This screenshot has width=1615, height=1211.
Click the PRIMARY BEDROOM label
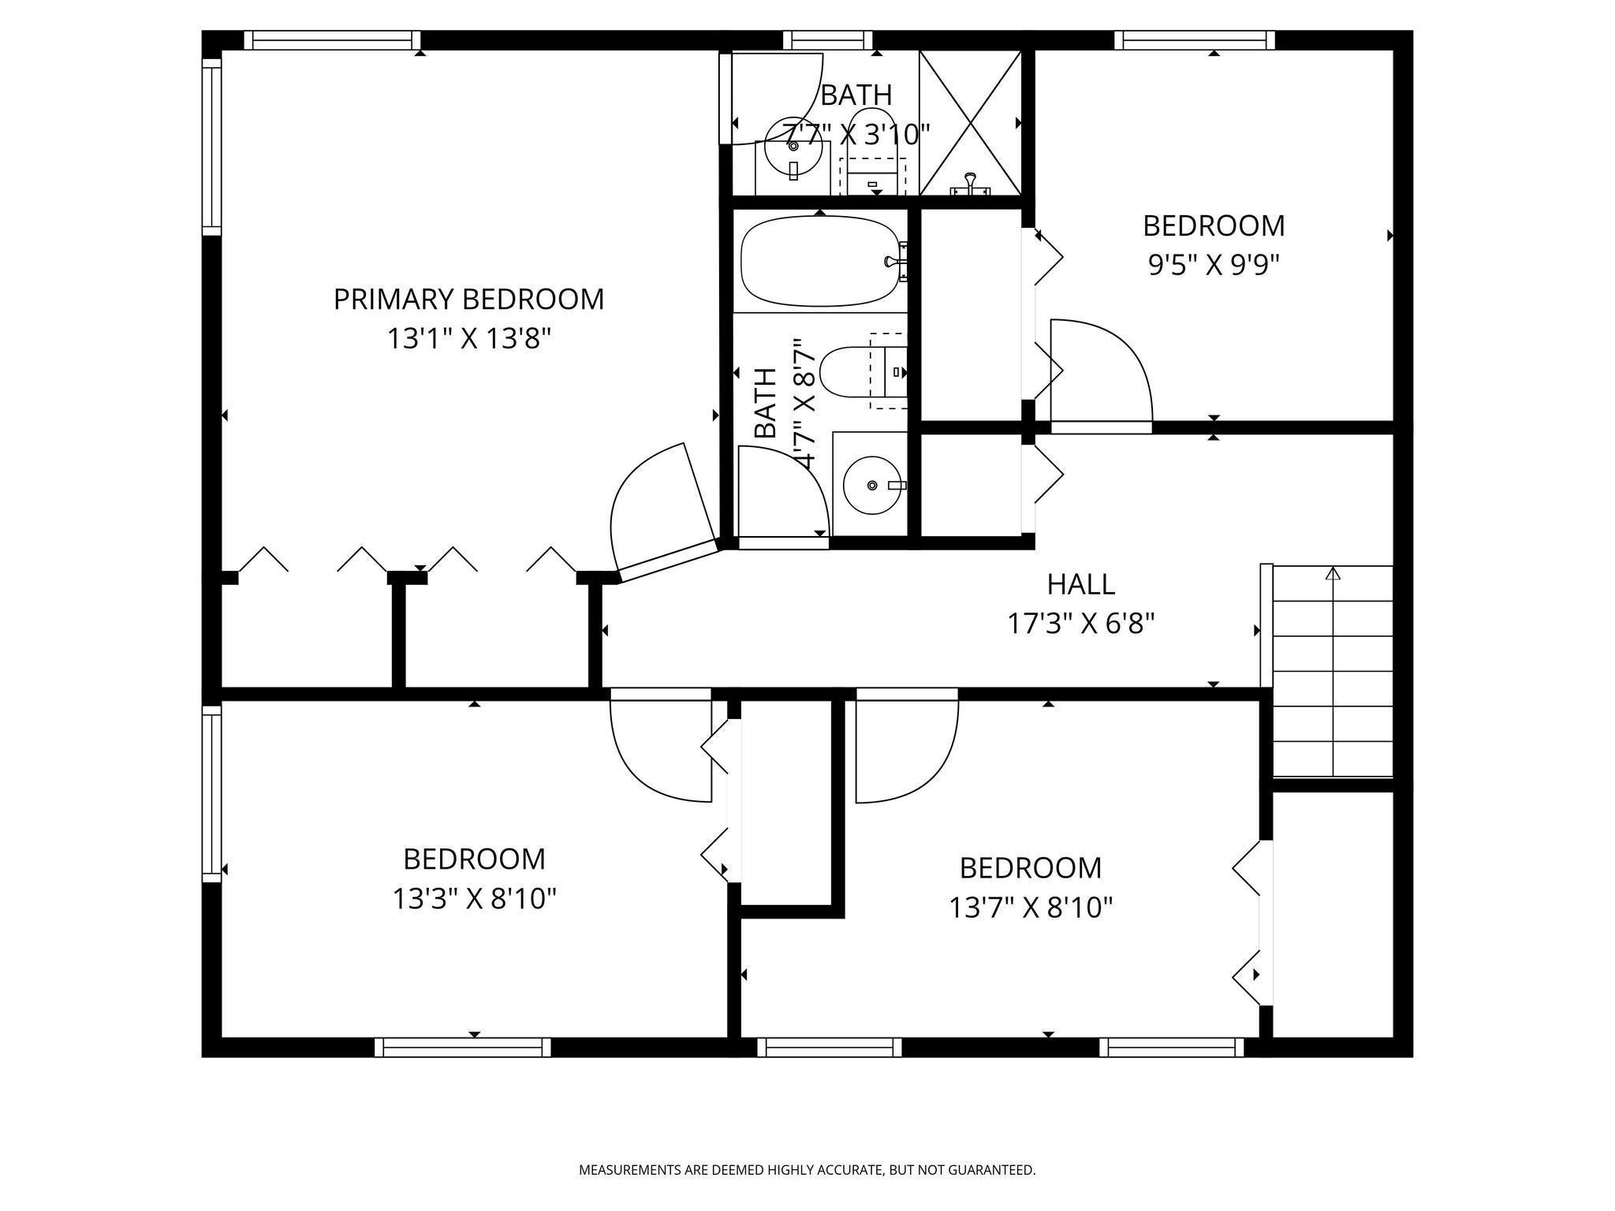pyautogui.click(x=468, y=300)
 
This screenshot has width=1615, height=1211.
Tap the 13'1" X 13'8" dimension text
pyautogui.click(x=468, y=339)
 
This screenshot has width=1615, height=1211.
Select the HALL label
pyautogui.click(x=1080, y=584)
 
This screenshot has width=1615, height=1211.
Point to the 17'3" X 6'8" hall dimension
pyautogui.click(x=1080, y=624)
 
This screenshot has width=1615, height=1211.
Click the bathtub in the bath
pyautogui.click(x=820, y=261)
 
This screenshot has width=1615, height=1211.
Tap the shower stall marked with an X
pyautogui.click(x=971, y=123)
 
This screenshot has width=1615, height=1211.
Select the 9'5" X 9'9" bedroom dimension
pyautogui.click(x=1213, y=265)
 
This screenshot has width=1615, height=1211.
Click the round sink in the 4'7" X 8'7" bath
pyautogui.click(x=871, y=485)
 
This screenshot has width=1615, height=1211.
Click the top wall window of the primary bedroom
pyautogui.click(x=331, y=40)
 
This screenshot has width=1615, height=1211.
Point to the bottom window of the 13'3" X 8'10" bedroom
pyautogui.click(x=462, y=1047)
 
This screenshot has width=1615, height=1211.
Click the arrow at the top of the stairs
pyautogui.click(x=1333, y=573)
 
